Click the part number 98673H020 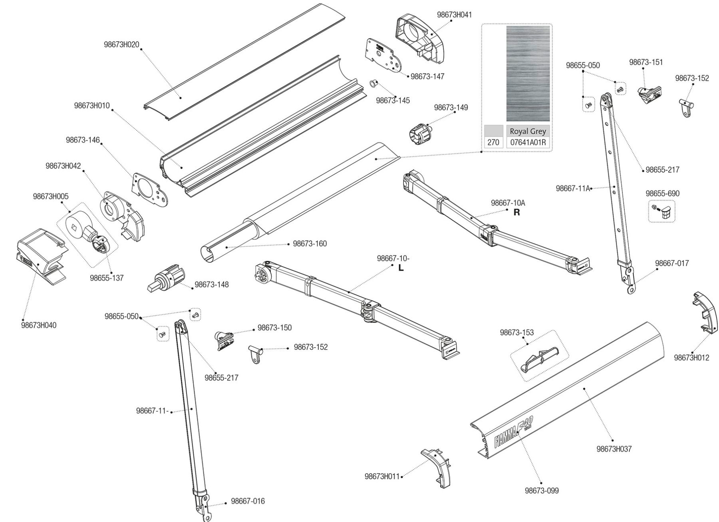tap(121, 44)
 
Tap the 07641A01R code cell tap(528, 143)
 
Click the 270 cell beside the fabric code tap(493, 143)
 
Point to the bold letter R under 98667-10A tap(516, 213)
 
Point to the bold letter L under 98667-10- tap(401, 268)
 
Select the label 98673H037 tap(614, 449)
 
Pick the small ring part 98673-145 tap(373, 84)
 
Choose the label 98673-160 tap(310, 243)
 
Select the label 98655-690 tap(662, 193)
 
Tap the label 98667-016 tap(248, 501)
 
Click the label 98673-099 tap(542, 490)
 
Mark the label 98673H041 tap(454, 15)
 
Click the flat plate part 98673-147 tap(382, 56)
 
